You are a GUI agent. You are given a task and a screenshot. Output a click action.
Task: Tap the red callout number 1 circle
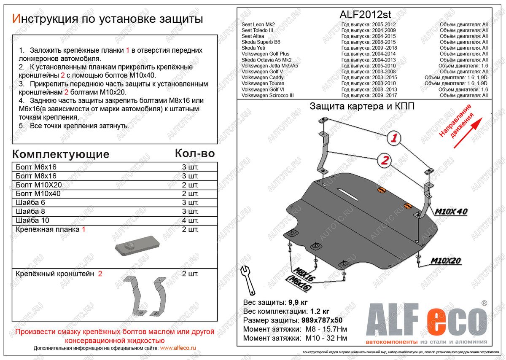(x=393, y=138)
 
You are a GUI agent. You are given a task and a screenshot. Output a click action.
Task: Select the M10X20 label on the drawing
(x=446, y=261)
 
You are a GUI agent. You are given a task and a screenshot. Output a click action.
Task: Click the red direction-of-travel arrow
(x=468, y=133)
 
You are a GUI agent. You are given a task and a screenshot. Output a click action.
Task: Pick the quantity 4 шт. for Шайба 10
(x=190, y=220)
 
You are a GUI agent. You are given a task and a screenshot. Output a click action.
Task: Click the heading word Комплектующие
(x=61, y=154)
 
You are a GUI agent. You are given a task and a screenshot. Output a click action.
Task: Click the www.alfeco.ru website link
(x=178, y=348)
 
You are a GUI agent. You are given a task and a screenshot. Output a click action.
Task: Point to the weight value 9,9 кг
(x=298, y=303)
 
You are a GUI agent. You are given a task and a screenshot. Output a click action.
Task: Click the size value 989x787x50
(x=327, y=320)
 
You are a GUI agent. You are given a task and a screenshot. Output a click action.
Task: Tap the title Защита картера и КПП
(x=362, y=106)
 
